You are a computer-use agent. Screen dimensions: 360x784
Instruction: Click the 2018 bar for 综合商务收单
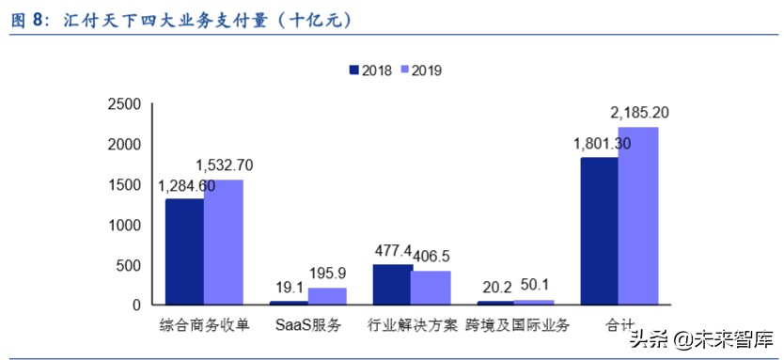point(184,252)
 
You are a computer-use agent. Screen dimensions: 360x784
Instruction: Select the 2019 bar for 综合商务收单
point(223,242)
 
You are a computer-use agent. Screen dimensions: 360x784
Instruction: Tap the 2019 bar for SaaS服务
point(327,296)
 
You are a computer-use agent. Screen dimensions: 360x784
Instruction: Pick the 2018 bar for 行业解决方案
point(392,285)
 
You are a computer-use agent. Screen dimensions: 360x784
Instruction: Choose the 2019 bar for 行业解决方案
point(431,288)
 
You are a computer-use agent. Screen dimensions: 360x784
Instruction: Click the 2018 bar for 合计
point(599,231)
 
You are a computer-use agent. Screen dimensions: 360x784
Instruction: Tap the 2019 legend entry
point(422,70)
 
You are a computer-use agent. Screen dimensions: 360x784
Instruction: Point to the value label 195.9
point(328,275)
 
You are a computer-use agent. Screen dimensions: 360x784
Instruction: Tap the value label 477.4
point(393,251)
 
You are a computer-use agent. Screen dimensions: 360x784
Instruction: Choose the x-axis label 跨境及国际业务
point(517,326)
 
